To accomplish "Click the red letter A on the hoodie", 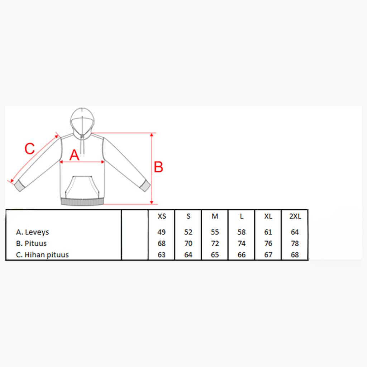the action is point(74,155).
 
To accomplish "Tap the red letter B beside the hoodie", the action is point(158,167).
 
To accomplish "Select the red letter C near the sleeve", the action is point(30,148).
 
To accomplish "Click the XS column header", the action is point(162,216).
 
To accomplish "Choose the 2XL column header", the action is point(295,216).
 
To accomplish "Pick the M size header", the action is point(215,216).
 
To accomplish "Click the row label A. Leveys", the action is point(32,232).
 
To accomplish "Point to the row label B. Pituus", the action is point(31,243).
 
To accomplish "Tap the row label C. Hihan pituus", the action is point(42,255).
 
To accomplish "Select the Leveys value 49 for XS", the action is point(162,232).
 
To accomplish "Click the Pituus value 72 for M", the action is point(215,243).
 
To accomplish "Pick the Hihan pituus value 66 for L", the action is point(242,255).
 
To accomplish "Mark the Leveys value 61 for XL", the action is point(268,232).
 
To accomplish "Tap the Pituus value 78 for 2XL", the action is point(295,243).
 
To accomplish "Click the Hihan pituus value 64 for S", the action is point(188,255).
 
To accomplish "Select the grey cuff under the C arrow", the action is point(20,186).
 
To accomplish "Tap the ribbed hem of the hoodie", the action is point(82,201).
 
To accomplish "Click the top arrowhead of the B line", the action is point(152,135).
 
